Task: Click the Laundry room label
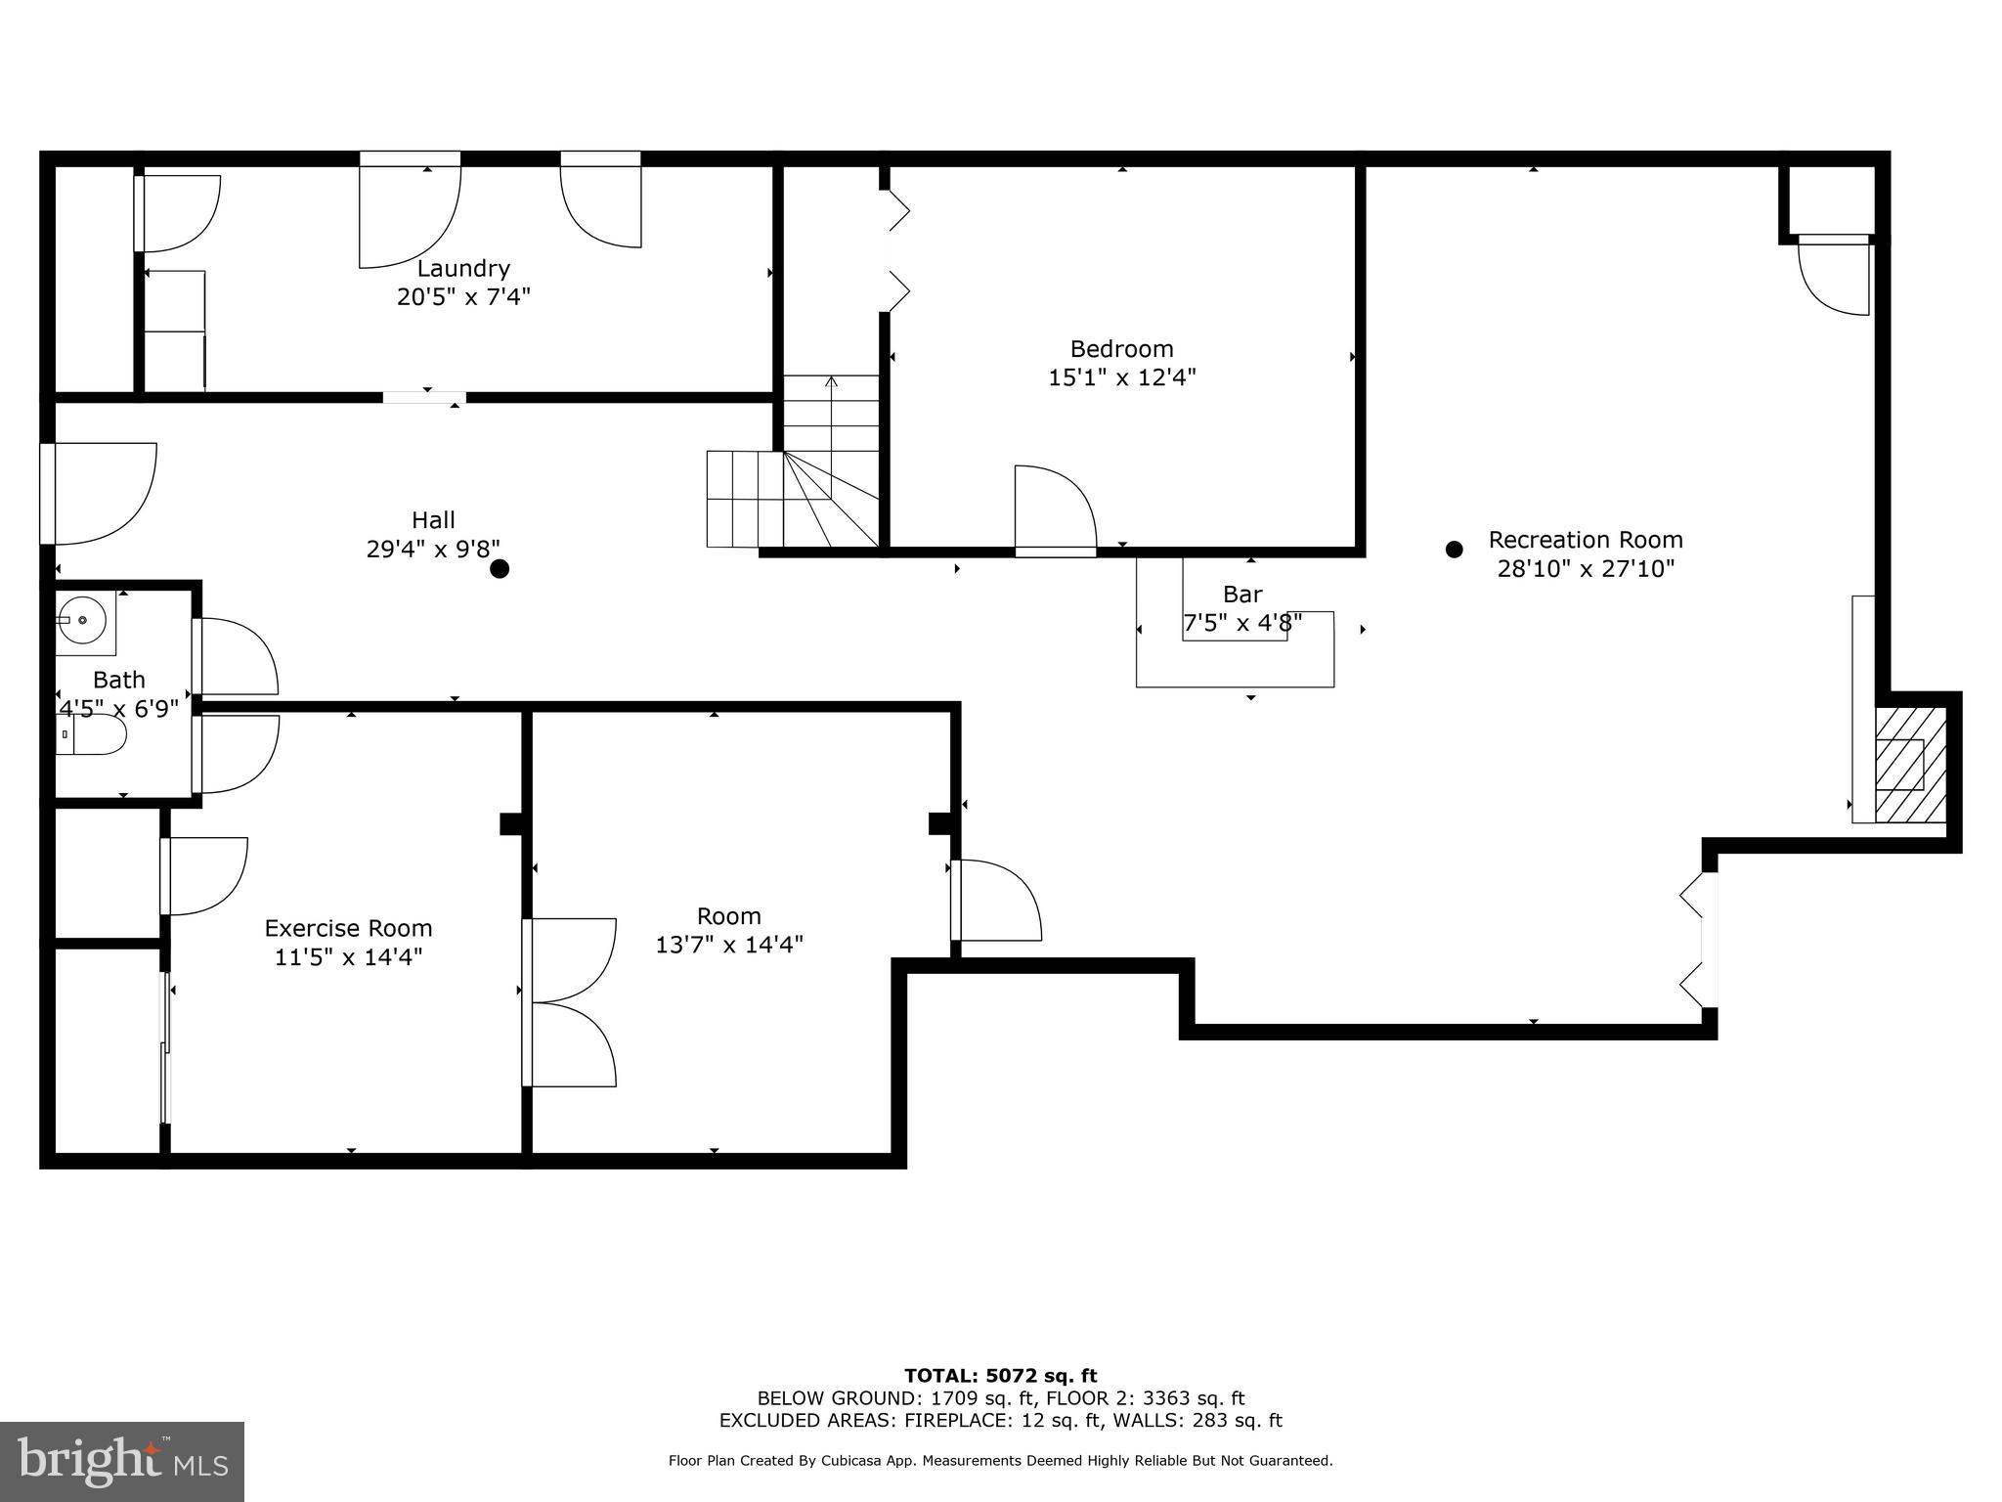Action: [463, 268]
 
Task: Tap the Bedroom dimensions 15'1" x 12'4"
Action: [1122, 377]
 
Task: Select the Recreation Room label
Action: [1586, 540]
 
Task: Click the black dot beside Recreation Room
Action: [1454, 550]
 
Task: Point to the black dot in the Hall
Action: [500, 569]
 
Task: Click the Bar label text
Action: [1242, 595]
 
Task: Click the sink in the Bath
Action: [82, 620]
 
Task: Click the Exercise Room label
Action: [348, 928]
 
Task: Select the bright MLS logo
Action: [121, 1461]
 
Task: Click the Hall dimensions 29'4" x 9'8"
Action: [432, 550]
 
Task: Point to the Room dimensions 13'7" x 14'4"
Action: [729, 945]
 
